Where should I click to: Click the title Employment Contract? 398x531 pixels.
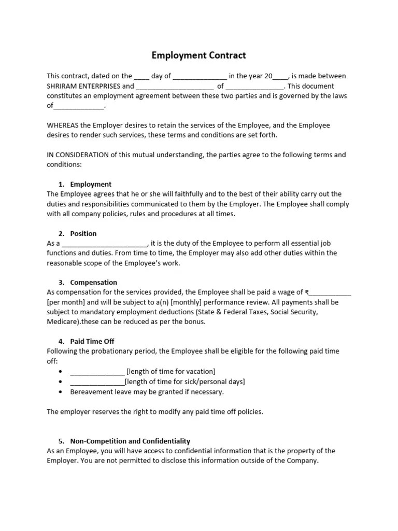tap(198, 55)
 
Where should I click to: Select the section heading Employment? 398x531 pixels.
tap(91, 184)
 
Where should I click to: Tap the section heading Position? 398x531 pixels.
tap(83, 233)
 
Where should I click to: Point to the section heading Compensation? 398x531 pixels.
tap(93, 283)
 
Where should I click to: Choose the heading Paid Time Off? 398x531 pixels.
tap(92, 341)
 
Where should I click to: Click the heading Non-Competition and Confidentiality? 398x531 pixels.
tap(130, 441)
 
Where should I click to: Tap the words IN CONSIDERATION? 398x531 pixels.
tap(78, 155)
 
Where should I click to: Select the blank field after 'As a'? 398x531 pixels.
tap(105, 244)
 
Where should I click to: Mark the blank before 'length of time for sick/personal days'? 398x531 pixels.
tap(97, 382)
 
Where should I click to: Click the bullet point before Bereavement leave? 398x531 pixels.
tap(61, 392)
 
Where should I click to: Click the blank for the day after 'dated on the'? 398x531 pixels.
tap(141, 77)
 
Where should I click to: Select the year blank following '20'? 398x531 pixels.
tap(280, 77)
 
